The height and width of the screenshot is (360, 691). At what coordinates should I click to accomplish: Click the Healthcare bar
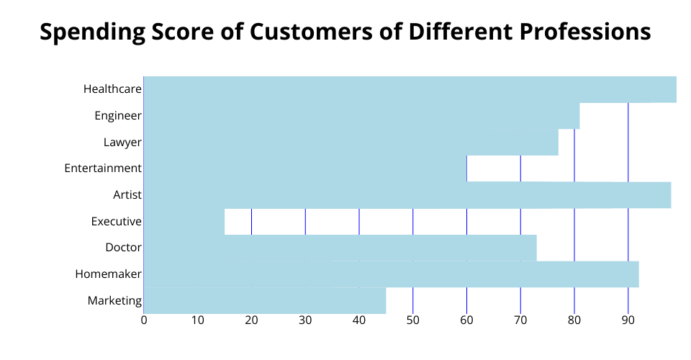tap(410, 89)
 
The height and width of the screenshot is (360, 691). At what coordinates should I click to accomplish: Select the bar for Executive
tap(184, 221)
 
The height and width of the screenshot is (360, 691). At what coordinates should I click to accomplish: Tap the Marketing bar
tap(265, 300)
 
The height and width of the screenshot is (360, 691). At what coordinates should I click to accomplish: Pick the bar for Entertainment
tap(305, 168)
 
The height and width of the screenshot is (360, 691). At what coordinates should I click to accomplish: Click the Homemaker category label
tap(108, 274)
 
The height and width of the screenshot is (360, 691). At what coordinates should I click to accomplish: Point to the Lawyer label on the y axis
tap(122, 142)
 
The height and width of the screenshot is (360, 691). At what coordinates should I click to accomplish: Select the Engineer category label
tap(118, 115)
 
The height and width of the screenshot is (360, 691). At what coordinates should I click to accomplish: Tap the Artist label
tap(127, 194)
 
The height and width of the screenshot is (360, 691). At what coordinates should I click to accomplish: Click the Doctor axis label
tap(123, 248)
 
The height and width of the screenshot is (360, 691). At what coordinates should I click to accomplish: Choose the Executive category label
tap(117, 221)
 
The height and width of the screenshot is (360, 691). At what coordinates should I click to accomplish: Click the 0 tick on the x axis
tap(144, 320)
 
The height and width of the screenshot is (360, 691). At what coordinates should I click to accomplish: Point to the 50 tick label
tap(412, 320)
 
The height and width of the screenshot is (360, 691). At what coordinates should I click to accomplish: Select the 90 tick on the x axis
tap(628, 320)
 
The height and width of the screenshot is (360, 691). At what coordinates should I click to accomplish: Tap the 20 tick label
tap(251, 320)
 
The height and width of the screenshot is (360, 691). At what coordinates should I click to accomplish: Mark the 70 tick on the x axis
tap(520, 320)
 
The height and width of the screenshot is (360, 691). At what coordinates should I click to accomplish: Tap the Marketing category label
tap(114, 300)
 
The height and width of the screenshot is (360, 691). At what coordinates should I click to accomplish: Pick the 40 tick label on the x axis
tap(359, 320)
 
